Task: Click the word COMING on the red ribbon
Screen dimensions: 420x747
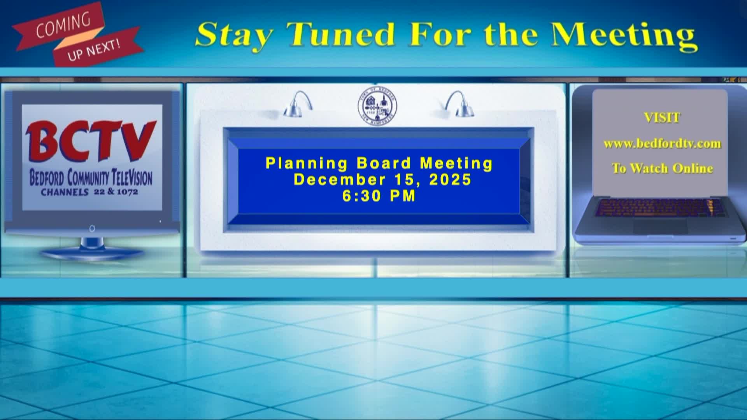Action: [63, 26]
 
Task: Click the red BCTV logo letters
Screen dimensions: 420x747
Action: [91, 142]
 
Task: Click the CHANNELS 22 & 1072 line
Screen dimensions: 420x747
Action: [89, 192]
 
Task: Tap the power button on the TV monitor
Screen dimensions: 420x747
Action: [92, 228]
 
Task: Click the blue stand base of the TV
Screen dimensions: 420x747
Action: [92, 254]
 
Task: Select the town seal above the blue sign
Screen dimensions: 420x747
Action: [377, 105]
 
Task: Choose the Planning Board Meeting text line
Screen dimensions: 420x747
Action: [379, 163]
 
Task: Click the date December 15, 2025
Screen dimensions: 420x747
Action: [382, 180]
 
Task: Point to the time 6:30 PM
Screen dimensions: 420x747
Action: [379, 196]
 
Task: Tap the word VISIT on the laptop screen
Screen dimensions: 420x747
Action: [662, 118]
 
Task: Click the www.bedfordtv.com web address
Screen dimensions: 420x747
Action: [662, 144]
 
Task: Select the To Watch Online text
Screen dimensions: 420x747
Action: [662, 168]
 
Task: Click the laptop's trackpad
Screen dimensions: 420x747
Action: [660, 226]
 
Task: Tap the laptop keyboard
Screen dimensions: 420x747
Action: [660, 208]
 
